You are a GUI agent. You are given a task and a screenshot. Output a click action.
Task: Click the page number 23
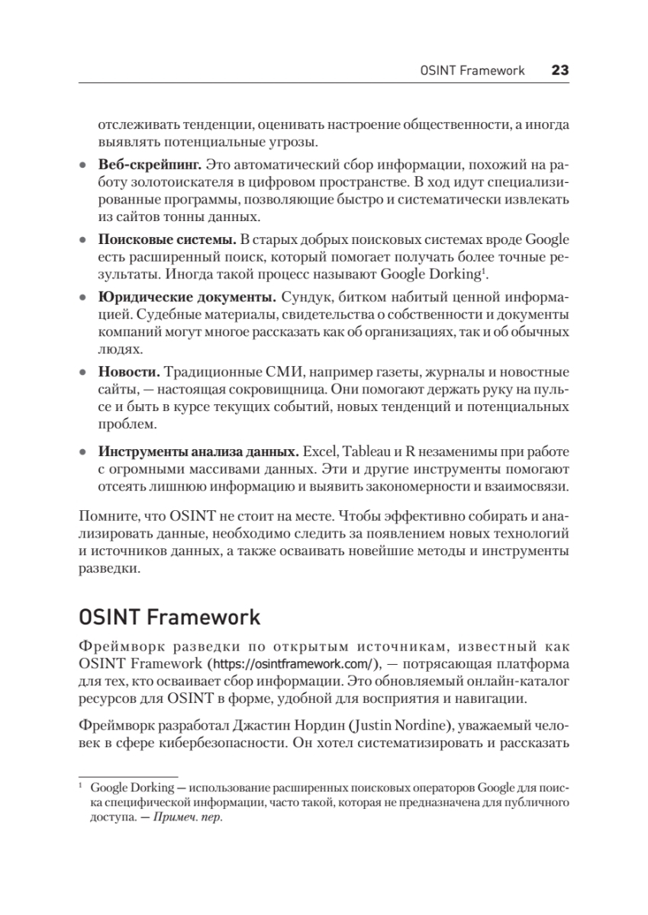560,70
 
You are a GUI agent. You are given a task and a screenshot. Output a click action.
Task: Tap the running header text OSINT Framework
472,70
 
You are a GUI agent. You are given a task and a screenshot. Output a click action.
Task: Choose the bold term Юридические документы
187,296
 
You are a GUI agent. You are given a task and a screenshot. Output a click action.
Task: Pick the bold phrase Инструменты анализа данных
198,451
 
